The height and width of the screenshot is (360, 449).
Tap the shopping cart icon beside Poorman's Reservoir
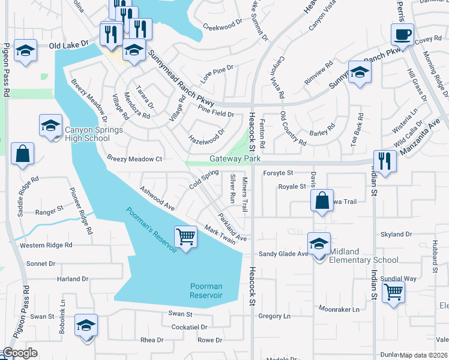click(186, 237)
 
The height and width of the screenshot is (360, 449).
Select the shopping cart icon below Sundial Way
click(394, 292)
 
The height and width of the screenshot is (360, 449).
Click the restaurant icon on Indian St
click(385, 161)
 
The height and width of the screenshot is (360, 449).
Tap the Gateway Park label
click(235, 159)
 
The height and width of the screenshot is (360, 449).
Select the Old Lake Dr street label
click(68, 44)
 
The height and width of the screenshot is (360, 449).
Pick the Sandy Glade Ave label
click(283, 254)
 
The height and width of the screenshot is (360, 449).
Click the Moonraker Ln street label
click(339, 310)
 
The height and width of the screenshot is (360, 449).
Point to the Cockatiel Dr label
click(189, 327)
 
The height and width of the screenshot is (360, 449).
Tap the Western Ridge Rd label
click(46, 245)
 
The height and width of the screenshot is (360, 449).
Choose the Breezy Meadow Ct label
click(134, 159)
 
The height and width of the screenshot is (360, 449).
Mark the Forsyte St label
click(278, 173)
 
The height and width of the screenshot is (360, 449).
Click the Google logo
click(20, 353)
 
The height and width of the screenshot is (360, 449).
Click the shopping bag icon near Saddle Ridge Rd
click(22, 154)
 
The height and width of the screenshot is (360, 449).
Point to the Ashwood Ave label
click(157, 197)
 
